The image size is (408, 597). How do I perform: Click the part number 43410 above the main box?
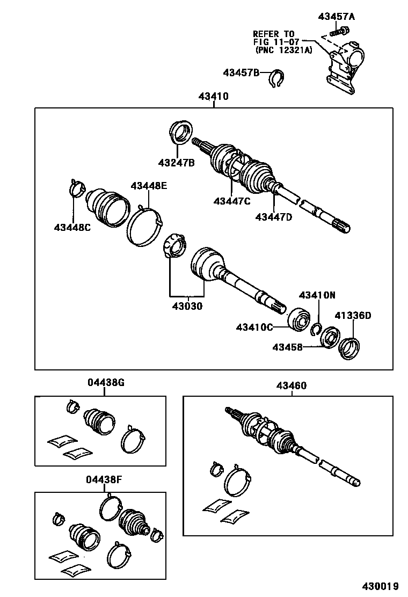[x=213, y=97]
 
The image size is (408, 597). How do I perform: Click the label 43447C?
[x=232, y=201]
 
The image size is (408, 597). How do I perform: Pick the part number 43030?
[x=187, y=307]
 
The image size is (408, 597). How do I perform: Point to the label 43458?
[x=287, y=347]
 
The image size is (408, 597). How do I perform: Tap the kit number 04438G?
[x=106, y=383]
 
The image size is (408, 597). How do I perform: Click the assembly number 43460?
[x=292, y=385]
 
